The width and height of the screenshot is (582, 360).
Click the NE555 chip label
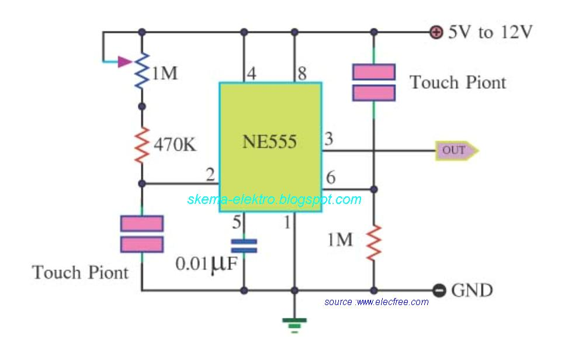(269, 142)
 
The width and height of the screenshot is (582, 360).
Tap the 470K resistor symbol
(141, 146)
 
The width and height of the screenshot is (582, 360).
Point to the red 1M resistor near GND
(374, 243)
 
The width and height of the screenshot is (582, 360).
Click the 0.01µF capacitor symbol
(244, 245)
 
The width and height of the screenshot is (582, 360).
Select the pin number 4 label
(251, 74)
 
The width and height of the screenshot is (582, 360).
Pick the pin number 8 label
(302, 74)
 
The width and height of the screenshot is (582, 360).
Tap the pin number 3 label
(329, 140)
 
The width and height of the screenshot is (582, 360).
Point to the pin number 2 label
(210, 174)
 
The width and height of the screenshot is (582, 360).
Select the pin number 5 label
(236, 222)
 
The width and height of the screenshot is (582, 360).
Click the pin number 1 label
(287, 222)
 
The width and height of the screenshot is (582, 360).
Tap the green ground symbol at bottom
(295, 323)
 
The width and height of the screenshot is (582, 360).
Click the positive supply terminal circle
(436, 32)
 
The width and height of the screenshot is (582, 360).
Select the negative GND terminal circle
(440, 290)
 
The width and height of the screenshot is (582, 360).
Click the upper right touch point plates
(374, 82)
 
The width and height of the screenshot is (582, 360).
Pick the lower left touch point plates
(141, 234)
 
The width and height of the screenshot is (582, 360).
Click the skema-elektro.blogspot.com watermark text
(274, 199)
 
